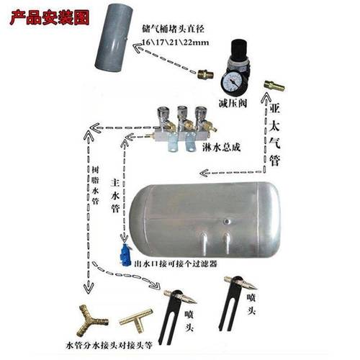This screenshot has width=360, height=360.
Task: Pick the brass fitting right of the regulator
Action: click(x=273, y=85)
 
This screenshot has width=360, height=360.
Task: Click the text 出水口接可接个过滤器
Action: click(x=176, y=264)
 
